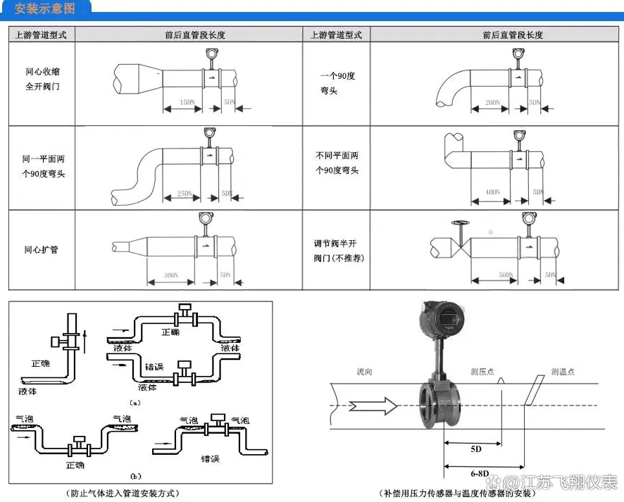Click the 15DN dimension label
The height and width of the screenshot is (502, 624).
(187, 102)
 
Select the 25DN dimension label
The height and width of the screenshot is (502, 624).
(185, 192)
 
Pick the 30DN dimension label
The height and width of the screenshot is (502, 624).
(170, 275)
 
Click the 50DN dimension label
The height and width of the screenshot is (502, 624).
(505, 275)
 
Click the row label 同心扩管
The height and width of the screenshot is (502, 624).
(41, 250)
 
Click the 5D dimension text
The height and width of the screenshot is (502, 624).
(476, 448)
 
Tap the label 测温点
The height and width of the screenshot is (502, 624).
(563, 371)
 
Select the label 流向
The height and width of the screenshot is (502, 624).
(364, 371)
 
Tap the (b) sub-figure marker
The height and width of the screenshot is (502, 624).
(136, 475)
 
